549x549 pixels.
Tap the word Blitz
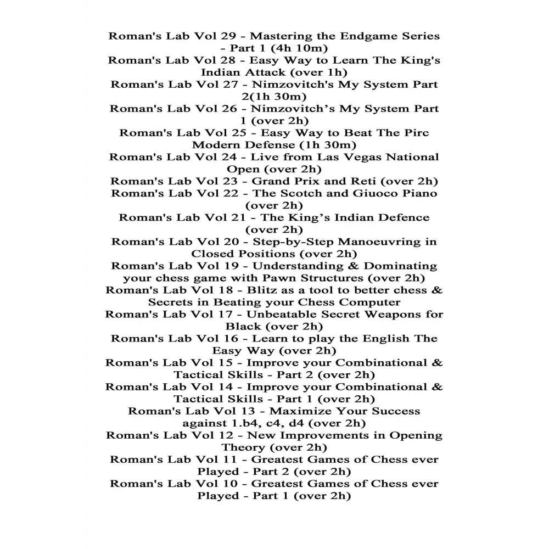264,290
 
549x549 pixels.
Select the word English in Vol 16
383,338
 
